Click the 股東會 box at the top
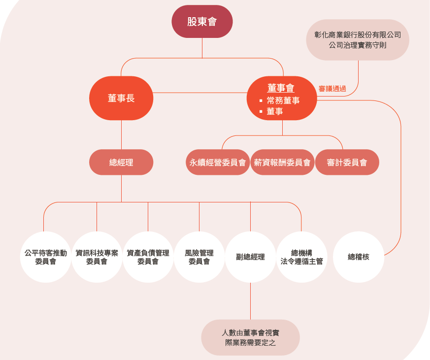pos(202,22)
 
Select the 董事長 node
pos(121,98)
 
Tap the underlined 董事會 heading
pos(281,88)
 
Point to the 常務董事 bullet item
pos(283,100)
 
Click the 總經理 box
pos(121,162)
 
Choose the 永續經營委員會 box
pos(218,163)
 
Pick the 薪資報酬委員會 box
pos(282,163)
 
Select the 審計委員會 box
pos(347,163)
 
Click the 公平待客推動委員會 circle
pos(45,257)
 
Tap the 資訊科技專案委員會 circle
pos(97,257)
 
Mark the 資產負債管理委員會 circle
pos(148,257)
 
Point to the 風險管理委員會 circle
pos(199,257)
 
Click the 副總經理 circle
pos(250,257)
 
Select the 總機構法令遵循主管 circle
pos(301,257)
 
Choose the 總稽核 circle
pos(358,257)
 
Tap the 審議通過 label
pos(332,89)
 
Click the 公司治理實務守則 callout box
pos(358,40)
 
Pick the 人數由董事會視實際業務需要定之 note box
pos(250,337)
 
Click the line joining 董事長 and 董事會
pos(199,93)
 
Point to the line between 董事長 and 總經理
pos(121,134)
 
